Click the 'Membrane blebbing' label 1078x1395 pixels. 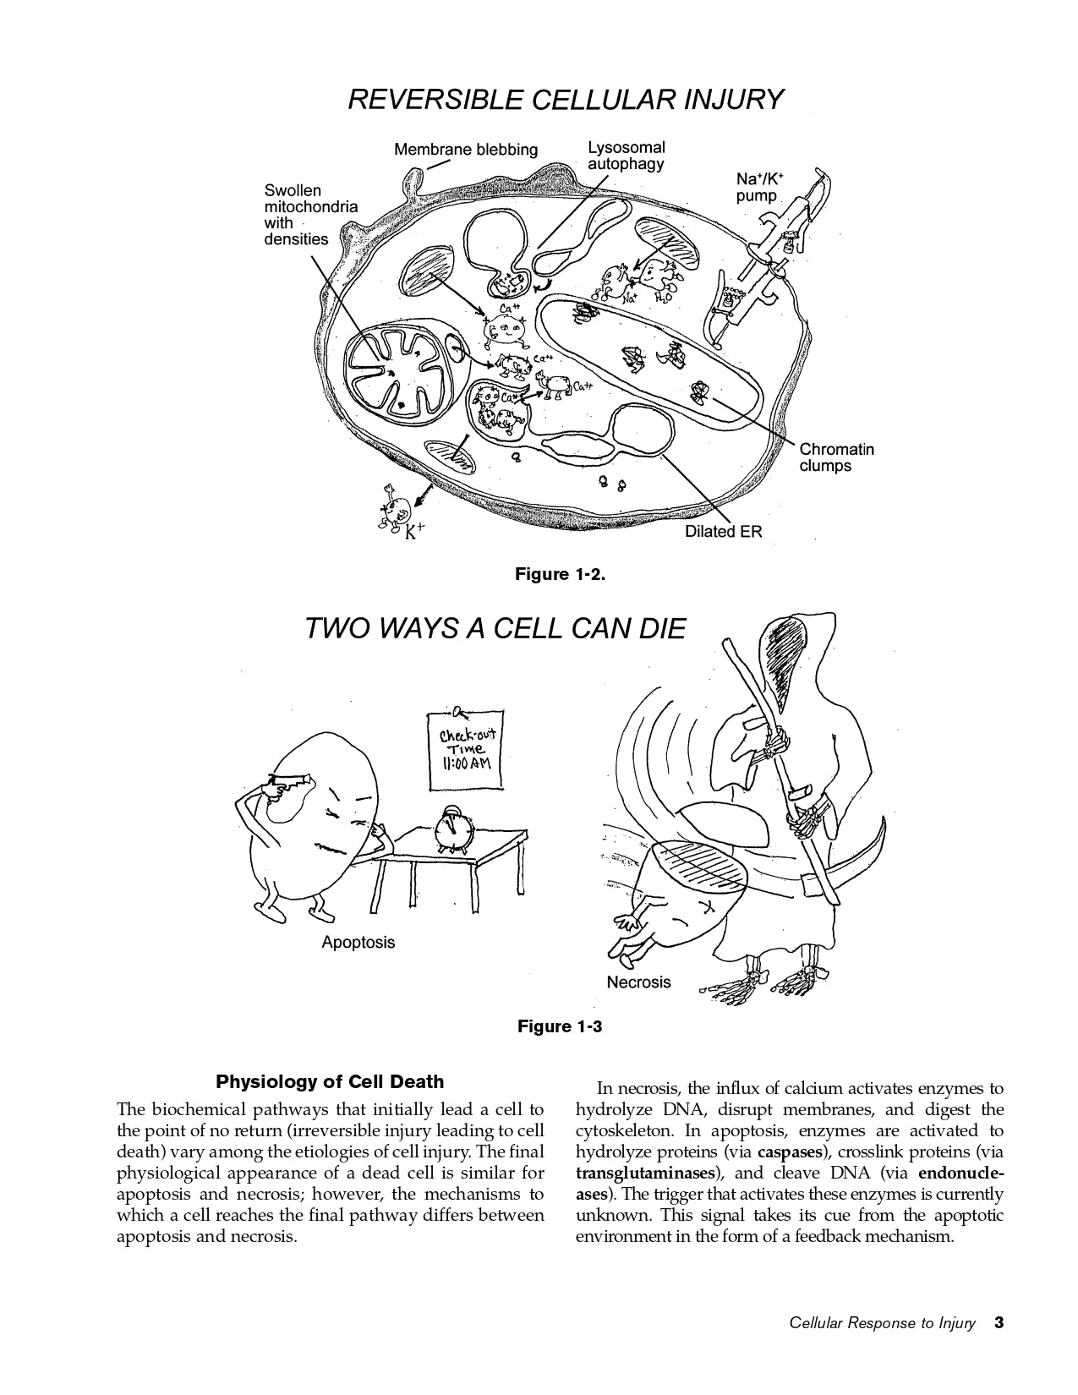coord(465,150)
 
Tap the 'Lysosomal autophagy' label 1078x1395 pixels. coord(626,156)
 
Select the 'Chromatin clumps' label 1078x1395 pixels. coord(836,457)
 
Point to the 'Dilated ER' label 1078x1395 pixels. coord(723,533)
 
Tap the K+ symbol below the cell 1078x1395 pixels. coord(414,533)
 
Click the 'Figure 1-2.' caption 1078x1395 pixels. coord(561,575)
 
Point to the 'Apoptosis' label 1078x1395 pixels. coord(358,942)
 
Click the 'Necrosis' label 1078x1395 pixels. coord(638,982)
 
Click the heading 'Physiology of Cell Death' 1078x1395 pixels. coord(330,1081)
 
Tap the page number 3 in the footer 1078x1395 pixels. coord(999,1323)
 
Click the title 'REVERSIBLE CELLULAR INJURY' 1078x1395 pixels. coord(566,100)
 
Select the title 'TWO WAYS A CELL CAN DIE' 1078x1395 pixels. coord(495,629)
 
